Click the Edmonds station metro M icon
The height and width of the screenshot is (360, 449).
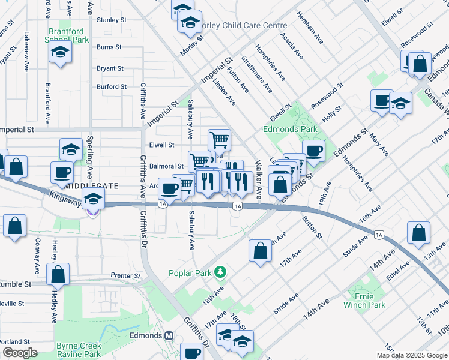click(x=169, y=335)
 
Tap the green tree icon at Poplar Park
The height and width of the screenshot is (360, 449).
click(x=221, y=272)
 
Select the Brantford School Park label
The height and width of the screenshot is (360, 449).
click(x=66, y=35)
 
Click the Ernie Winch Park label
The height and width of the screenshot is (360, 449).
click(x=364, y=301)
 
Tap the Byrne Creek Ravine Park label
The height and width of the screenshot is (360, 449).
click(x=79, y=350)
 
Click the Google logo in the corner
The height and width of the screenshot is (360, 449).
click(x=19, y=353)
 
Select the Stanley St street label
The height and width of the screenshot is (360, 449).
click(x=112, y=20)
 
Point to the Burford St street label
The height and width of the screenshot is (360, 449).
click(x=112, y=86)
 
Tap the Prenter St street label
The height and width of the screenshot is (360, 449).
click(x=125, y=276)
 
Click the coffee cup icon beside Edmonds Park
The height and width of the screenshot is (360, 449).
click(x=313, y=150)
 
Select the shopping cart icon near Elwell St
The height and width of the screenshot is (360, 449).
click(x=219, y=140)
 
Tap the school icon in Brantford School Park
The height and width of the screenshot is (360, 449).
click(x=61, y=52)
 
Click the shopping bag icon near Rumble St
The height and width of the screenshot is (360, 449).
click(x=58, y=274)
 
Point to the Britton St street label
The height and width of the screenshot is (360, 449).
click(x=313, y=227)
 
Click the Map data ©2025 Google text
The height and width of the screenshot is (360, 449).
click(x=411, y=355)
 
